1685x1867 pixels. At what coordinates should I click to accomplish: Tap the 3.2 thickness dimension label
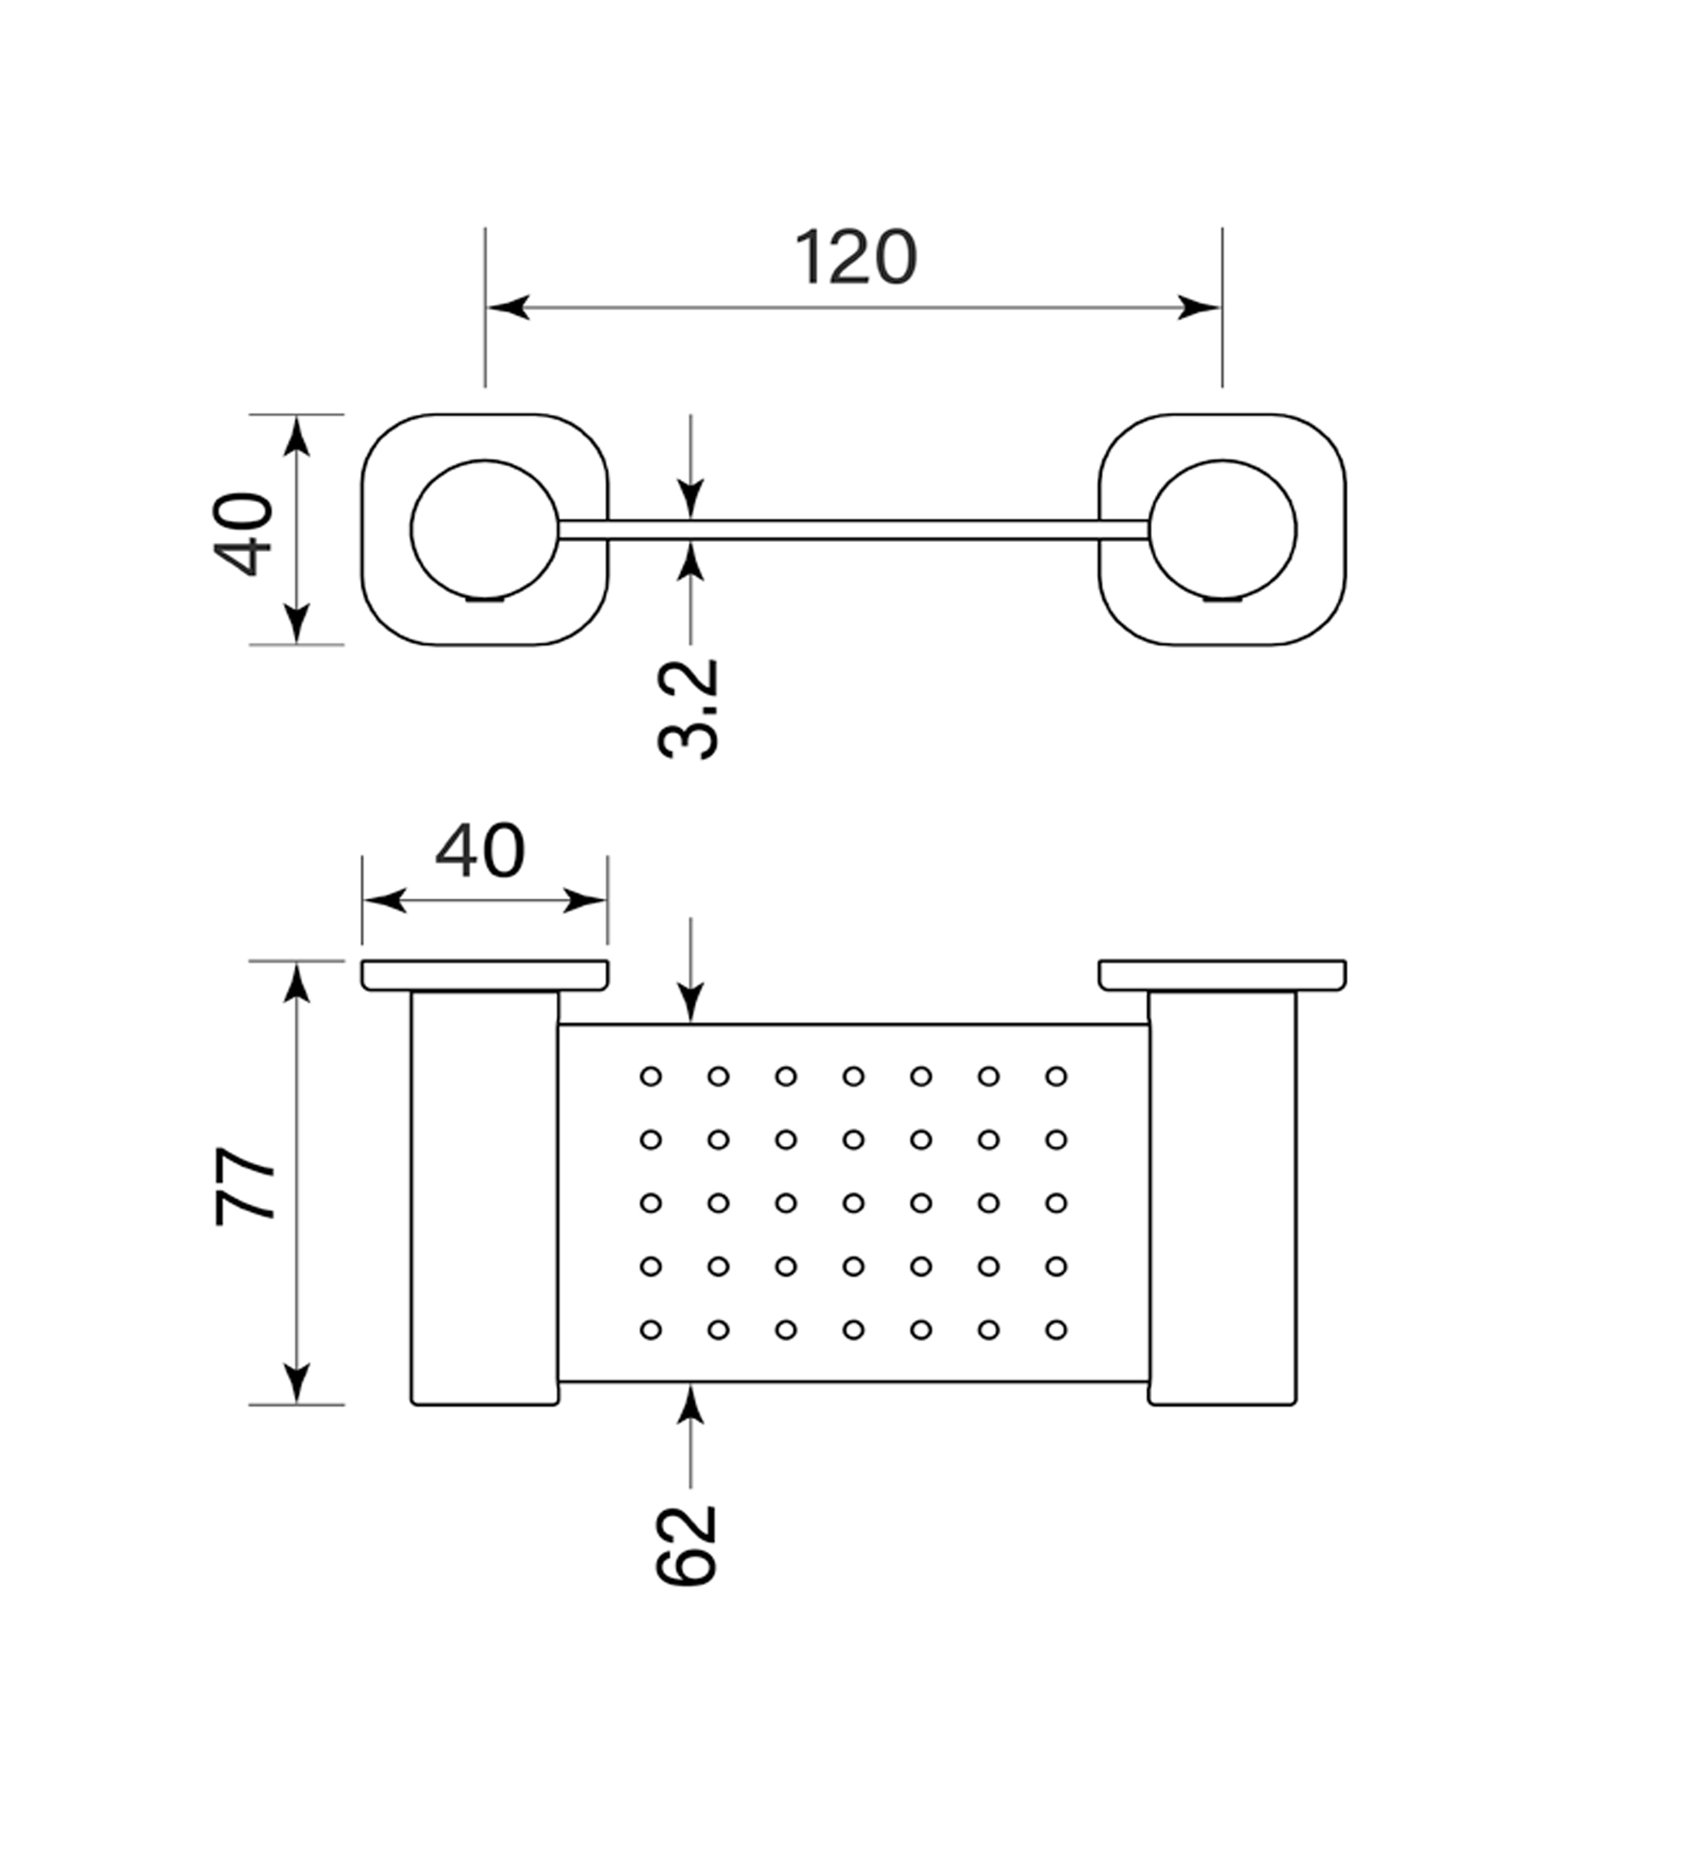point(688,709)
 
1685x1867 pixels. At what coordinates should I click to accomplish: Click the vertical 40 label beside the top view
point(244,535)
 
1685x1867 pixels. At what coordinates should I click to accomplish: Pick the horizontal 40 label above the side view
point(480,851)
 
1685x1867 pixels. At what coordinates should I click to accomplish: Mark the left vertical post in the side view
point(484,1199)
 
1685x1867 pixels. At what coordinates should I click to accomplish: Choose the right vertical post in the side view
point(1222,1199)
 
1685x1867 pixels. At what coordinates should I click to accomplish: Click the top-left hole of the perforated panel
point(651,1076)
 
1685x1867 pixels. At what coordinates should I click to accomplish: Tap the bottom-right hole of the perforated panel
point(1057,1330)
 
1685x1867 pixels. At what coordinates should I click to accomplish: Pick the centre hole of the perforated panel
point(854,1203)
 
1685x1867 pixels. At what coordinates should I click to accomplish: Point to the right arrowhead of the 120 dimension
point(1199,307)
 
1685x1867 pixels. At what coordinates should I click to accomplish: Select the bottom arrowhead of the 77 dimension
point(296,1384)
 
